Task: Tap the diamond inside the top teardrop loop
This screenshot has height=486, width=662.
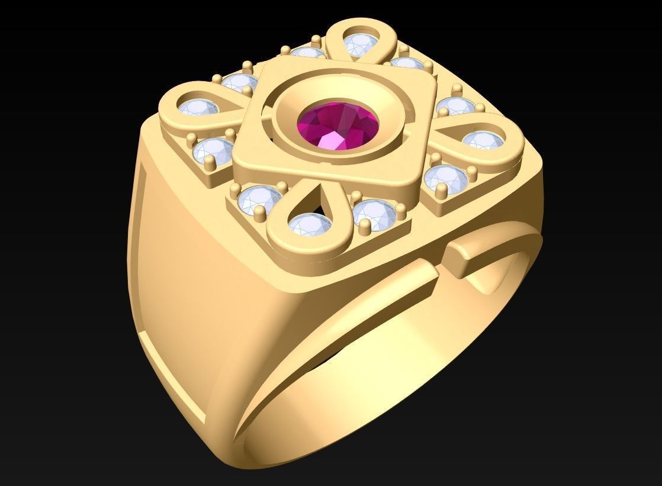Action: point(358,46)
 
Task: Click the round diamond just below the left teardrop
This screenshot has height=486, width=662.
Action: point(211,151)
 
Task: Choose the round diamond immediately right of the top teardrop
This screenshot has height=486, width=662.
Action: point(407,64)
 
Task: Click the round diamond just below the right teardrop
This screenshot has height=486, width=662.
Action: point(445,177)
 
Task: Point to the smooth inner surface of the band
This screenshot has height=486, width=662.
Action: point(379,379)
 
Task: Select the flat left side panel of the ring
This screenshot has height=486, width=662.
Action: point(184,249)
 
